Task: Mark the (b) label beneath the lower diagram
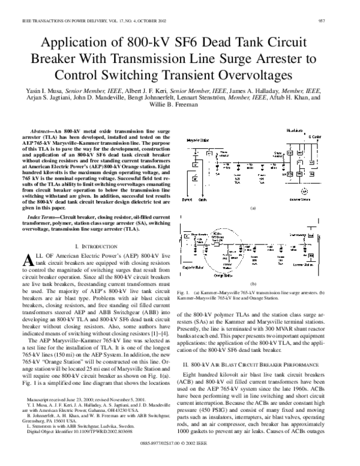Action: click(x=253, y=283)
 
